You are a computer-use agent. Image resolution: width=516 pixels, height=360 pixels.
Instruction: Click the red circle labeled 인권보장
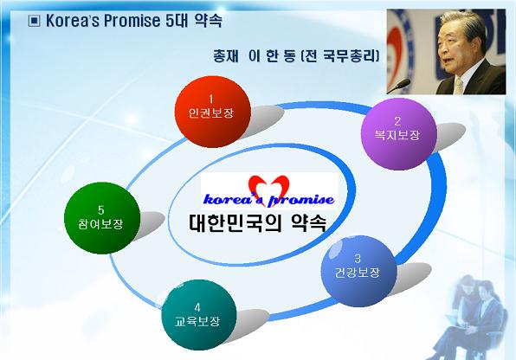213,112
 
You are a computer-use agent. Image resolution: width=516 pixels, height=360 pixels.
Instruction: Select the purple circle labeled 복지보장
398,133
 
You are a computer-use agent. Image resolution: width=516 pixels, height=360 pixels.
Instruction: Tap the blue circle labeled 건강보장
358,271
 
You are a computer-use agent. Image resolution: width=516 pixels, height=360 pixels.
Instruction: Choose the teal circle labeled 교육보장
199,315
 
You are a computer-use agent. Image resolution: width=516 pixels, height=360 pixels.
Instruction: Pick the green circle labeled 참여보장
102,218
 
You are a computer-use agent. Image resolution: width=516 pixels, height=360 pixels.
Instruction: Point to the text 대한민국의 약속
258,223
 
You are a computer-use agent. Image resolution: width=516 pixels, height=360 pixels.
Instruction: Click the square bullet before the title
34,21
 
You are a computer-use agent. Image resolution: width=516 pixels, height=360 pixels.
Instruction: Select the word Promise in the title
132,21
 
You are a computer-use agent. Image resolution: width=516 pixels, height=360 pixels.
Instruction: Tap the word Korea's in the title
73,21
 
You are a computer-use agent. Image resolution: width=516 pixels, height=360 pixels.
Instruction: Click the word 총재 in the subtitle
225,56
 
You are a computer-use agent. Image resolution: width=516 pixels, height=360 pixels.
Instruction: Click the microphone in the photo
399,87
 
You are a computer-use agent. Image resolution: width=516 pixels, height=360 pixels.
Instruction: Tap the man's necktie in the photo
459,86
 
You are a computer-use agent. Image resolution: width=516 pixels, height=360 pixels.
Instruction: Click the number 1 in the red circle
211,99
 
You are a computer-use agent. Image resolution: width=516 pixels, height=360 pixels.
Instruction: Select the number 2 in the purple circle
397,121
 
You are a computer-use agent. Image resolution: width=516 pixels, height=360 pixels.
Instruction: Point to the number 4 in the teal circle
197,307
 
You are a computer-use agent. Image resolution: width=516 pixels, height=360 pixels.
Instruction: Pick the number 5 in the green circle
100,210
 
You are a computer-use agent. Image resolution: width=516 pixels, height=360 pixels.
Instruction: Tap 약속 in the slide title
208,21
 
